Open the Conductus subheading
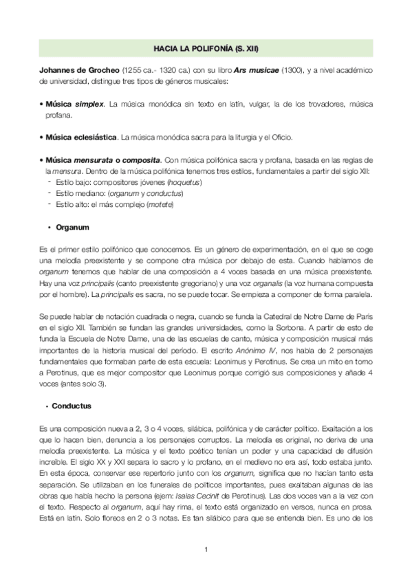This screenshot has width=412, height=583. pyautogui.click(x=76, y=406)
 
